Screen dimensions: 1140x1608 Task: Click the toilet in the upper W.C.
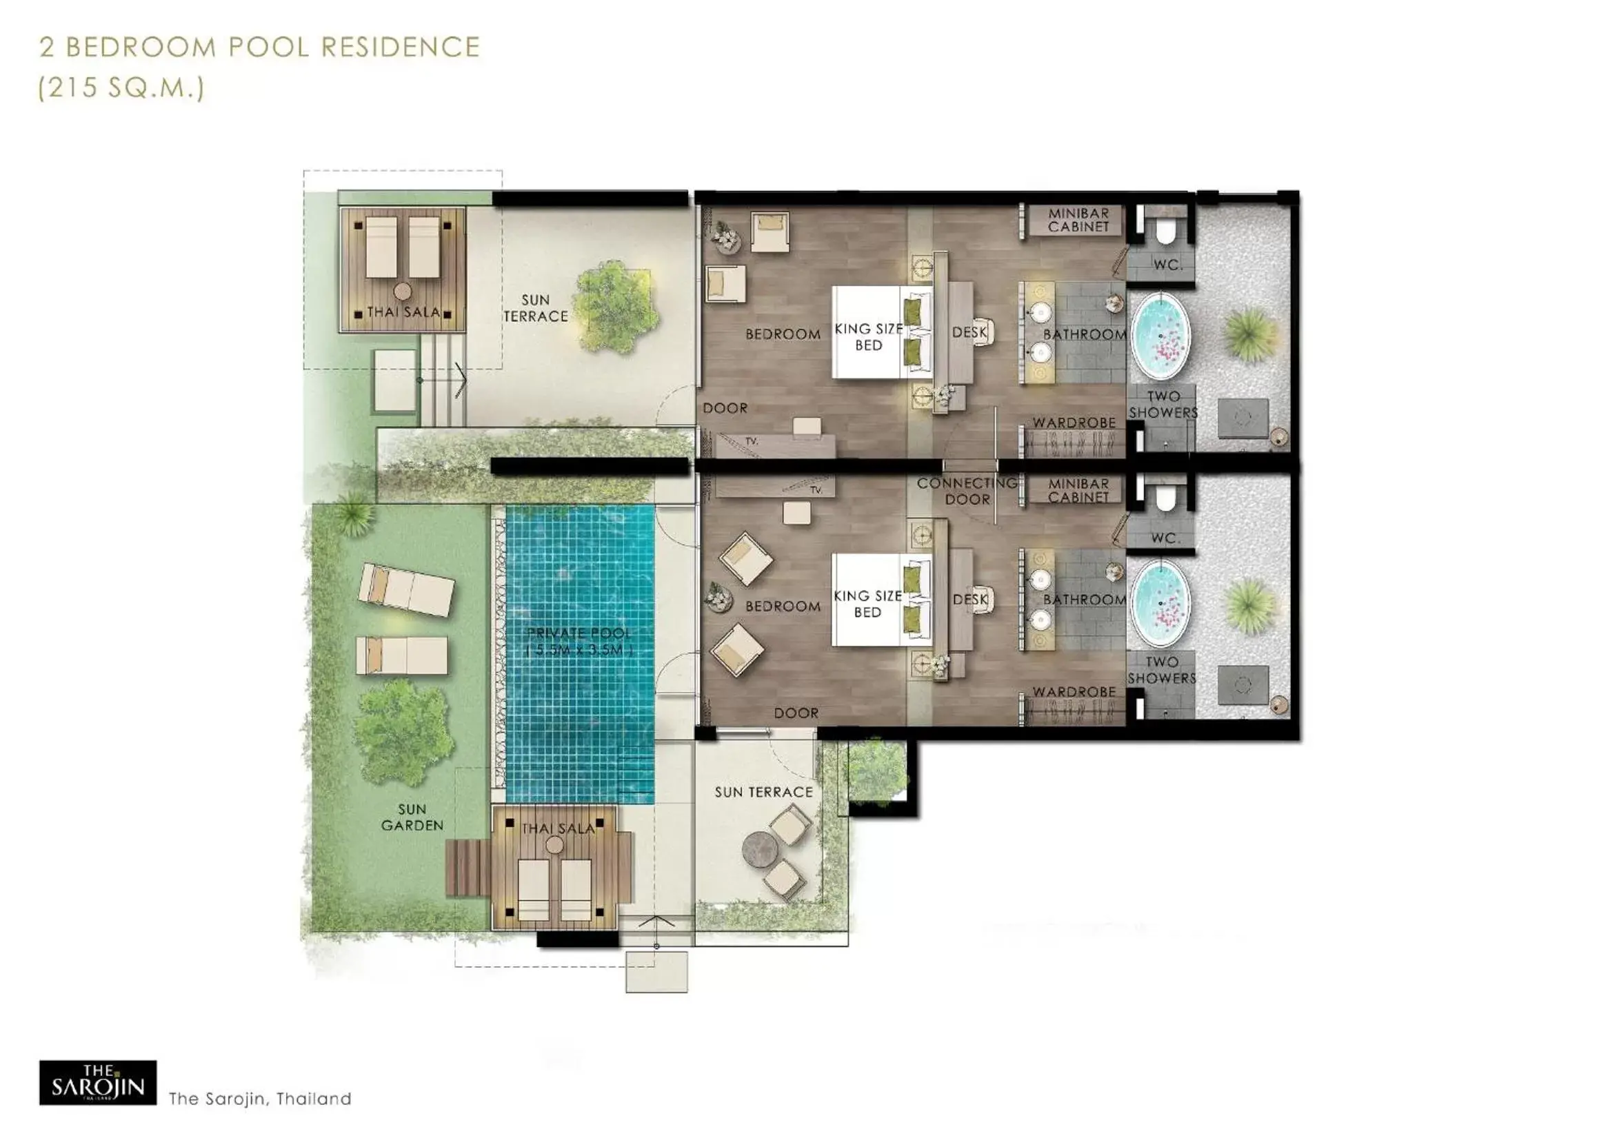tap(1164, 232)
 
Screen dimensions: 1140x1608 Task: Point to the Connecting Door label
tap(967, 491)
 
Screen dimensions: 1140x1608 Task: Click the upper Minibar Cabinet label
tap(1078, 220)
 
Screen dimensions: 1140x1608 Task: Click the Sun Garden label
tap(412, 817)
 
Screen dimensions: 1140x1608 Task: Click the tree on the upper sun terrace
tap(616, 306)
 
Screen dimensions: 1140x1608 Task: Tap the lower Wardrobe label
tap(1074, 692)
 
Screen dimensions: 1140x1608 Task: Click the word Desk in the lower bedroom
tap(970, 600)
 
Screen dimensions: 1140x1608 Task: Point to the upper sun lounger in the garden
tap(406, 591)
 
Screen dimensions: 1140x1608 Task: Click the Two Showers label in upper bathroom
tap(1163, 405)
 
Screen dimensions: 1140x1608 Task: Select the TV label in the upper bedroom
tap(752, 442)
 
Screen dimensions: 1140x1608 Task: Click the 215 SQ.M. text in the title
tap(121, 88)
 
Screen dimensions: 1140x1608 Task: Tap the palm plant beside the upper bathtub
tap(1250, 335)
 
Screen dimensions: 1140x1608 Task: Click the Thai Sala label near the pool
tap(558, 828)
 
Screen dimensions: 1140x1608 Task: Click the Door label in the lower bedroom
tap(796, 713)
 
